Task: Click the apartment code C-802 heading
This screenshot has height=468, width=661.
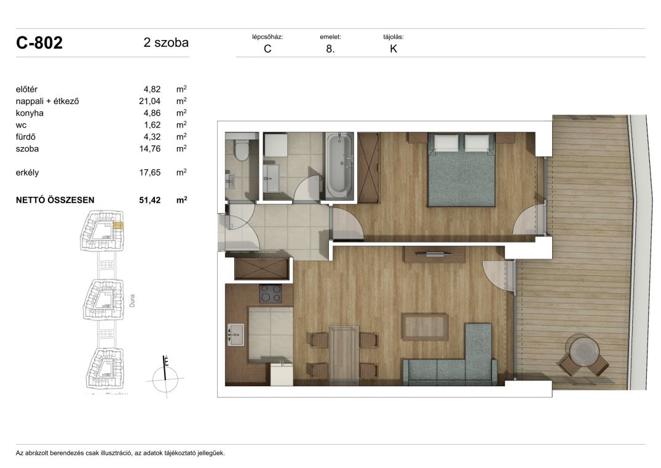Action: coord(39,42)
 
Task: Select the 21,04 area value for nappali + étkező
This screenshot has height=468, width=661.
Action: coord(149,101)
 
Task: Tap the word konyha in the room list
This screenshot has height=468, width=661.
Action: coord(30,113)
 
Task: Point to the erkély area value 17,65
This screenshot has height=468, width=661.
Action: coord(149,172)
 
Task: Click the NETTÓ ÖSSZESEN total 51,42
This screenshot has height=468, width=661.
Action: coord(149,200)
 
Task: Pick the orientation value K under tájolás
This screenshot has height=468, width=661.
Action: coord(394,49)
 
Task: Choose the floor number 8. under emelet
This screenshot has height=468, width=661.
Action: coord(330,49)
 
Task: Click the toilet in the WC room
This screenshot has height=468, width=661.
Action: coord(242,150)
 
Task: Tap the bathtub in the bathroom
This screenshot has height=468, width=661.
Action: coord(340,166)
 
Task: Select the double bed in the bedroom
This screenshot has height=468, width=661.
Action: coord(461,169)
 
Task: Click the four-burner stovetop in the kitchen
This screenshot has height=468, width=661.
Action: coord(271,293)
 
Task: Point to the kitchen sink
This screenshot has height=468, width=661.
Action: coord(236,334)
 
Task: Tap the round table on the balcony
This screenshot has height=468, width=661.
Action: coord(584,350)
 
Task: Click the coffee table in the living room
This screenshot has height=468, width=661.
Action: coord(424,326)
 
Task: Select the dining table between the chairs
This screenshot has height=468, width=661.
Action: coord(344,355)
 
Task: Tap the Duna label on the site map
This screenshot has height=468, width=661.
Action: coord(132,301)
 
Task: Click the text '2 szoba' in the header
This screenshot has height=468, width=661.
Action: coord(166,42)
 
